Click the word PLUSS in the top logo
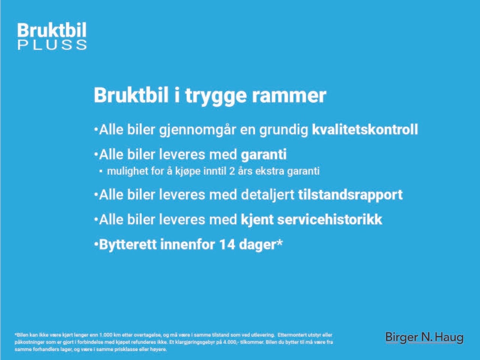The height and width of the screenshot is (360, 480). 52,45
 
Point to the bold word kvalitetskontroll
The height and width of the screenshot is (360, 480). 365,129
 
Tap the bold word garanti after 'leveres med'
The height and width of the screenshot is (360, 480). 264,155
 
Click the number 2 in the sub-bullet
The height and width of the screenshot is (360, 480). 232,171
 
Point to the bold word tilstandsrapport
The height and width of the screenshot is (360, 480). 350,195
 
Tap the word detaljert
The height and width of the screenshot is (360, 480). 267,195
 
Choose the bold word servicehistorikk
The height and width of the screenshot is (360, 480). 330,220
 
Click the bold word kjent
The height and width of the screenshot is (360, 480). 257,220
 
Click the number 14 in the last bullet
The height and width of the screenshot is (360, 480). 227,244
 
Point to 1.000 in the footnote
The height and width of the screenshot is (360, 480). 106,335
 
